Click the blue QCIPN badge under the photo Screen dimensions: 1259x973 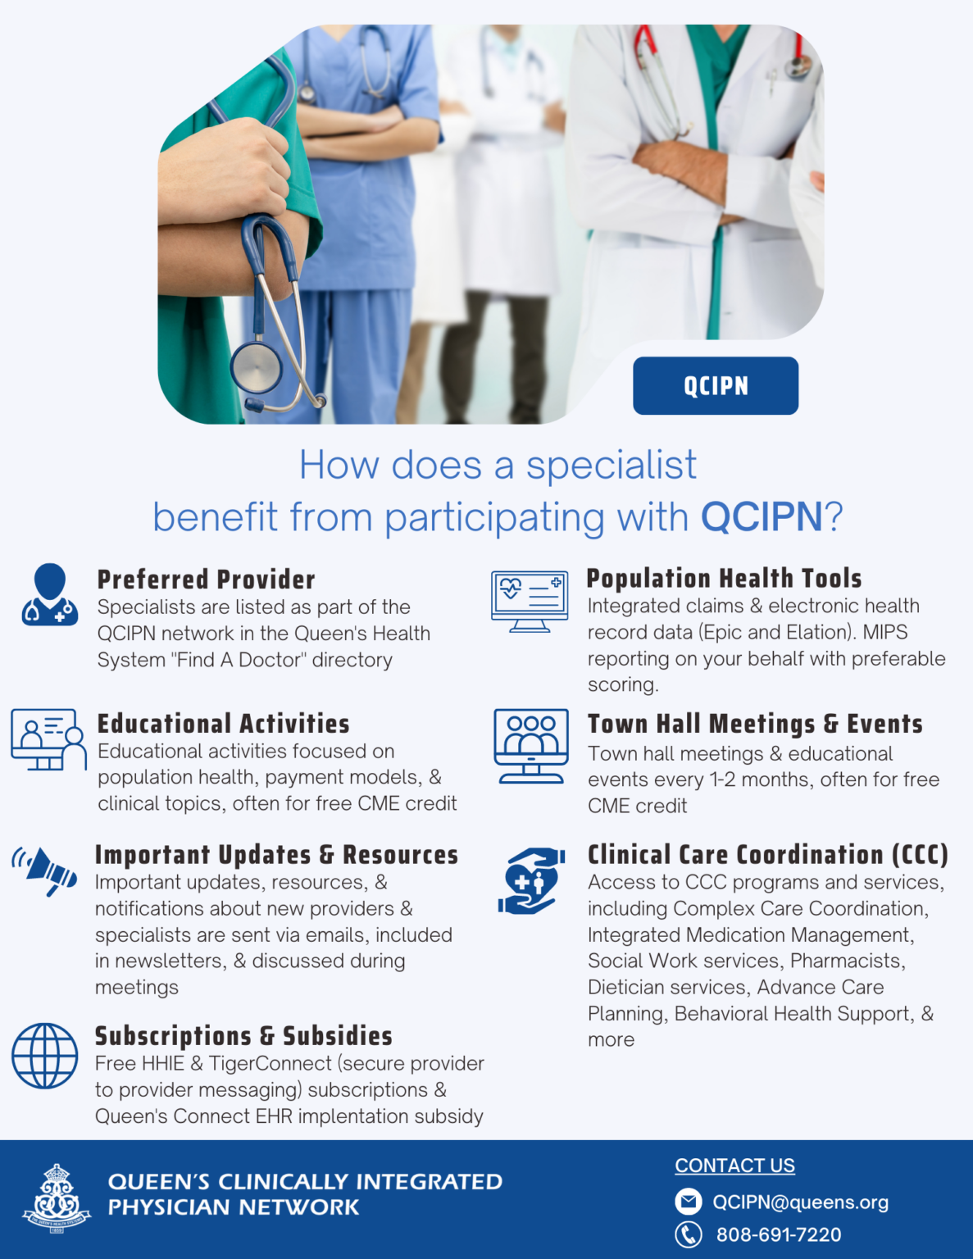pos(715,385)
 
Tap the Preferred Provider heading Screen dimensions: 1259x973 pos(206,580)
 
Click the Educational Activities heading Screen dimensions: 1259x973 pos(223,724)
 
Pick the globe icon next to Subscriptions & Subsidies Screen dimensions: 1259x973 pos(45,1056)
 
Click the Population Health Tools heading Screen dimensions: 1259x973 pos(724,578)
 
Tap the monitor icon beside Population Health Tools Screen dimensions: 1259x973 pos(530,602)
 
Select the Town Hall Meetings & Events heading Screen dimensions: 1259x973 pos(755,724)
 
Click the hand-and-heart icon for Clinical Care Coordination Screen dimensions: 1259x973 pos(531,881)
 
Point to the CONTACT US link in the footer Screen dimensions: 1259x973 pos(734,1166)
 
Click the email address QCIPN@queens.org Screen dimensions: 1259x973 pos(800,1202)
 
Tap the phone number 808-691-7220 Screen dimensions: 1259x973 pos(778,1234)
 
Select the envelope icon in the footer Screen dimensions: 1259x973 pos(689,1202)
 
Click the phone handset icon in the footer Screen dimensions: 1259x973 pos(689,1234)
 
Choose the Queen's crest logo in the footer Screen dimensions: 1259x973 pos(57,1198)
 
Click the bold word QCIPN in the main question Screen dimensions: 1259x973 pos(762,517)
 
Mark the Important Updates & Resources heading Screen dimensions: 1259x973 pos(276,855)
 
